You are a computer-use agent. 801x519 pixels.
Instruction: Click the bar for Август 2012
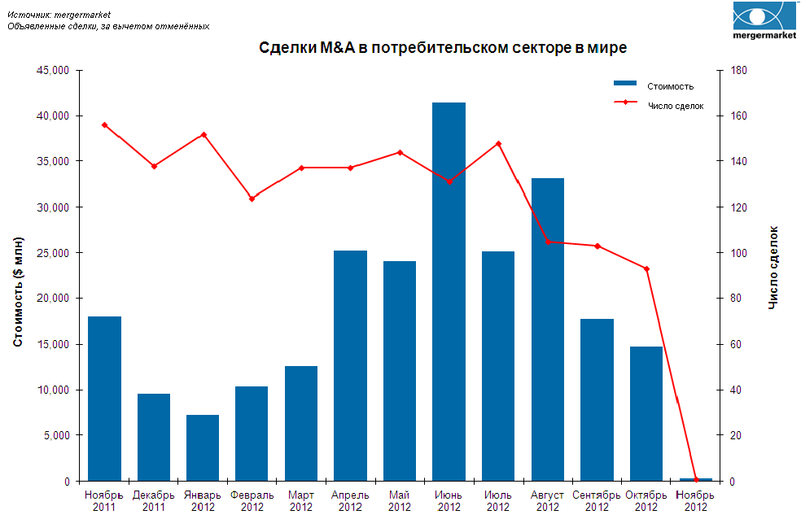click(547, 329)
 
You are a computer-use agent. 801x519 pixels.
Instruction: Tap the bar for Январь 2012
click(203, 447)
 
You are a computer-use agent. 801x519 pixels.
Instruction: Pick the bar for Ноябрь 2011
click(104, 398)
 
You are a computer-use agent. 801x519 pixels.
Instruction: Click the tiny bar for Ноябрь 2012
click(695, 479)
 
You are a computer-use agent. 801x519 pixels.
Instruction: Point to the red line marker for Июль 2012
click(498, 144)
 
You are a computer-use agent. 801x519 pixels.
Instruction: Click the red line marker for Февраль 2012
click(252, 198)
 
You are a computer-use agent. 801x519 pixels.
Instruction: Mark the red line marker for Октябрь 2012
click(646, 268)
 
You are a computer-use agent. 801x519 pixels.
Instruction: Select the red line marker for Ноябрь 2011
click(104, 124)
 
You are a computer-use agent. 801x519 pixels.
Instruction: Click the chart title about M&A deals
click(443, 49)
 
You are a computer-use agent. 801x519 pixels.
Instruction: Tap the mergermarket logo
click(763, 22)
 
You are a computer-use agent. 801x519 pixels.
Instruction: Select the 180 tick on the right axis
click(738, 71)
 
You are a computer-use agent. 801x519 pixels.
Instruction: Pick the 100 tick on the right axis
click(738, 253)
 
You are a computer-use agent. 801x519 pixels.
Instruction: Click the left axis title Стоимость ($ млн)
click(18, 292)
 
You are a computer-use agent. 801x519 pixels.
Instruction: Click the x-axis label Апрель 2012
click(350, 500)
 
